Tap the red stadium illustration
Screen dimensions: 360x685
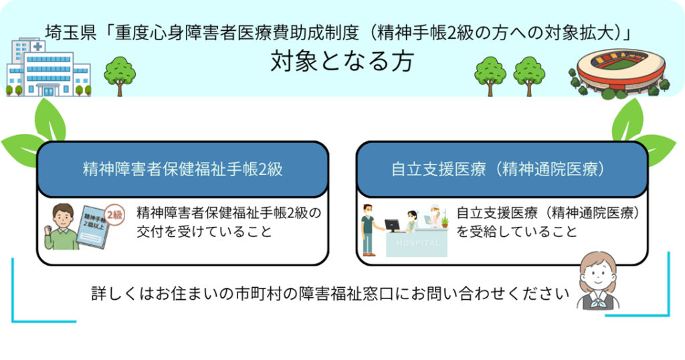point(621,70)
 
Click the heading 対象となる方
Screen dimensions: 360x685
point(342,62)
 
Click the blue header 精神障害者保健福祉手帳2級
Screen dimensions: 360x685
point(183,169)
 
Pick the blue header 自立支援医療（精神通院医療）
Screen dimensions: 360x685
point(502,169)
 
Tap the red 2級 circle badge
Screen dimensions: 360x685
point(114,215)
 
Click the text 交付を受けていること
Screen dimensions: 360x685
point(203,233)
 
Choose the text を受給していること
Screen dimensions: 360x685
point(516,233)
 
